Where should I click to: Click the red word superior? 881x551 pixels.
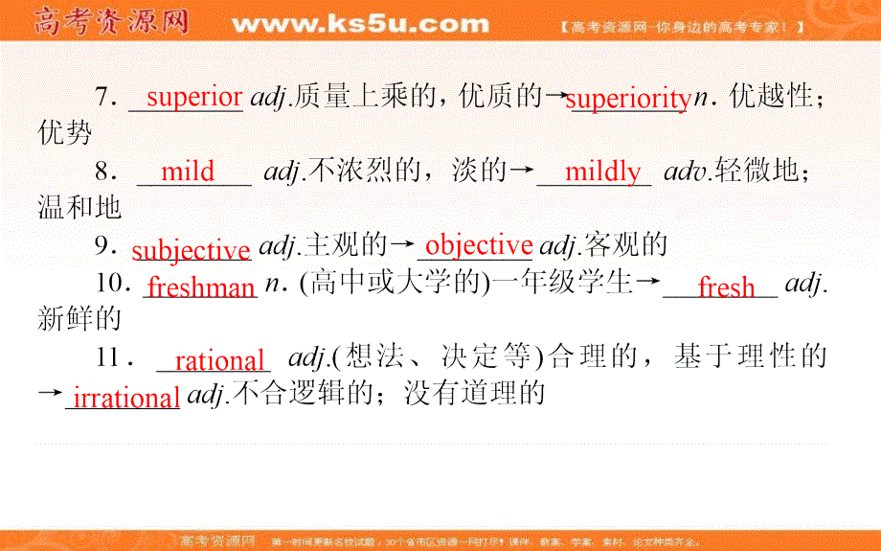tap(194, 97)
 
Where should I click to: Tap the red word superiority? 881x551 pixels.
tap(628, 99)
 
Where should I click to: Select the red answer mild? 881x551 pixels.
tap(188, 172)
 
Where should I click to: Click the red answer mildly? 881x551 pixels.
tap(602, 172)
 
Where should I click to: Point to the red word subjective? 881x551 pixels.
tap(191, 250)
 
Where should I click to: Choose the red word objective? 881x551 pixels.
tap(478, 245)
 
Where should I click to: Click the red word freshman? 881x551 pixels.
tap(202, 287)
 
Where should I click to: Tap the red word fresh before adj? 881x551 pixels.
tap(726, 287)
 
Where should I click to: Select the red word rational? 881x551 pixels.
tap(219, 361)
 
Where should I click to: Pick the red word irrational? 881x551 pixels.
tap(124, 398)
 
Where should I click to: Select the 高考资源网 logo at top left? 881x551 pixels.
tap(111, 21)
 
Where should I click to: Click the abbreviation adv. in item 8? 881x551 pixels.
tap(684, 172)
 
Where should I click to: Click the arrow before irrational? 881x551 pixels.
tap(50, 395)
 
